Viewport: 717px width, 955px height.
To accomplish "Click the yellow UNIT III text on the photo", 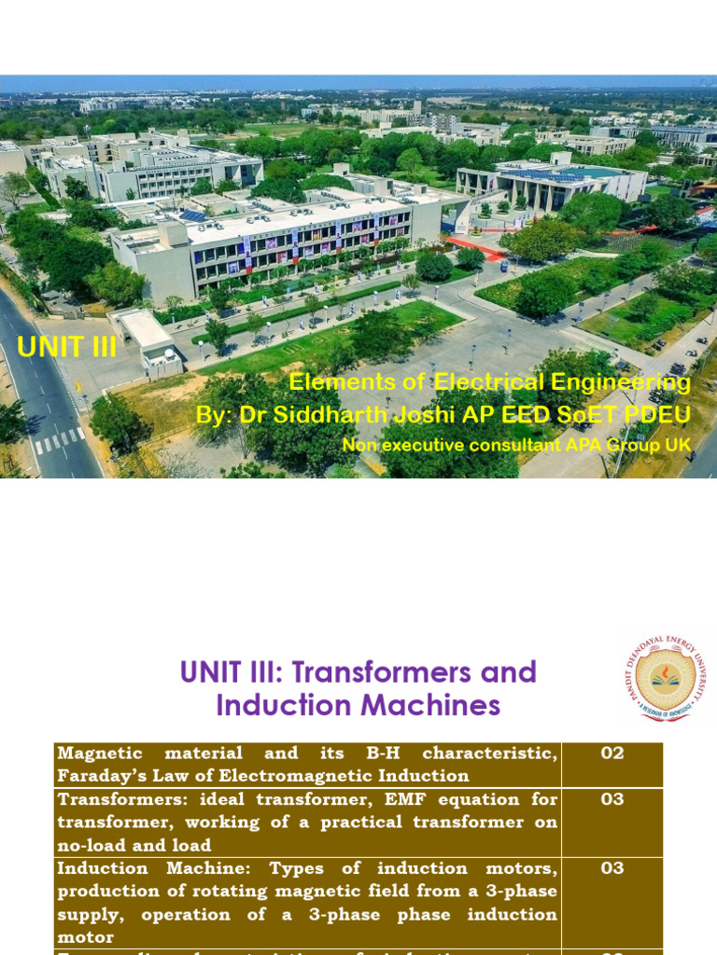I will (66, 347).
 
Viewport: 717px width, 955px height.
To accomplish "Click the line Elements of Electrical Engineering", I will (489, 382).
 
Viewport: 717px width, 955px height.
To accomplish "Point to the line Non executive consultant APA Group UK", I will (516, 446).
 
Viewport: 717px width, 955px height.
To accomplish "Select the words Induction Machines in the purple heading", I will (358, 705).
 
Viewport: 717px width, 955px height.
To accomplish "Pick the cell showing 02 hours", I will (612, 754).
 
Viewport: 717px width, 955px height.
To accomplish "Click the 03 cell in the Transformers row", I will (612, 799).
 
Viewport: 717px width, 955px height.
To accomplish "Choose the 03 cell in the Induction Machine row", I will (612, 868).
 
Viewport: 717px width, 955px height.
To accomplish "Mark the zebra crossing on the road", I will (59, 439).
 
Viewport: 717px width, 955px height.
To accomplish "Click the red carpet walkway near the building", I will (475, 247).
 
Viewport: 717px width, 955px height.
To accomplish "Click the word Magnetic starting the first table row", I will (100, 753).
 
